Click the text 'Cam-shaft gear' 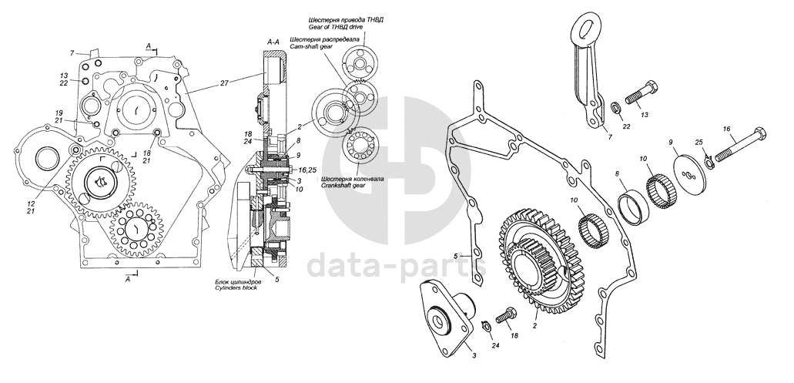pos(311,46)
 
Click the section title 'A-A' pos(273,39)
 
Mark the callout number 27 pos(224,82)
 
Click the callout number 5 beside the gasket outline pos(456,255)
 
